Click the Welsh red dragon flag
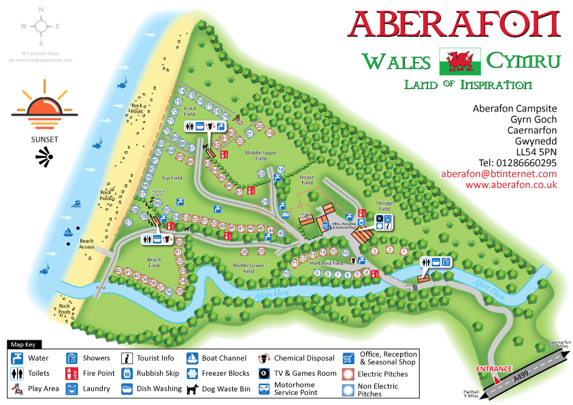click(461, 61)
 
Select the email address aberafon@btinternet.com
click(499, 174)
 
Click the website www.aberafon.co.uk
click(511, 184)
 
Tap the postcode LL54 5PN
click(536, 152)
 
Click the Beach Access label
click(86, 244)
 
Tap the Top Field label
click(172, 178)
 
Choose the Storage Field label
click(386, 206)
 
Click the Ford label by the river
click(101, 288)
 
